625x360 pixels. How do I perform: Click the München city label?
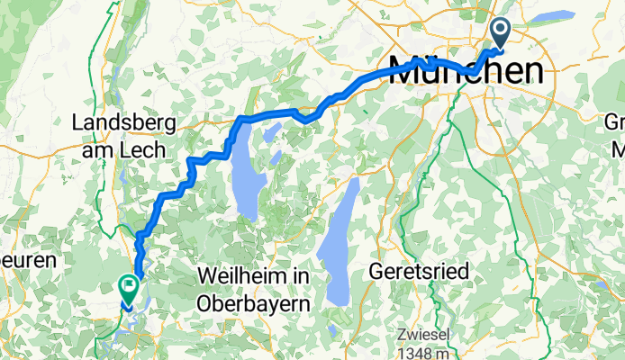[x=466, y=71]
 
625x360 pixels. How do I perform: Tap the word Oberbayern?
[x=253, y=303]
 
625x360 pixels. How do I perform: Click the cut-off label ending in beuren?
[x=27, y=260]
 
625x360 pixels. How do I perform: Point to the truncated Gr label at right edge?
[x=615, y=123]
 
